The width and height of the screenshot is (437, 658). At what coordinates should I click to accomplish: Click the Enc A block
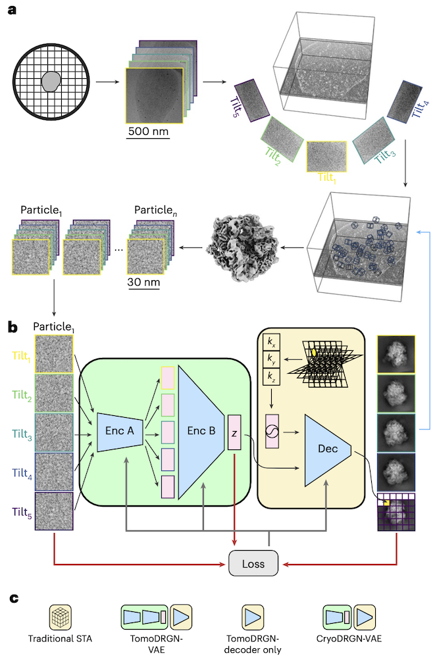click(120, 432)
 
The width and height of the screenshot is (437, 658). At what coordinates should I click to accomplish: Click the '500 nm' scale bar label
click(147, 131)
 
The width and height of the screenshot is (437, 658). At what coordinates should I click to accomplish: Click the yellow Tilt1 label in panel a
click(327, 178)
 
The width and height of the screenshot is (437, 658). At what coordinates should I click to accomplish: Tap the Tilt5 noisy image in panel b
click(54, 511)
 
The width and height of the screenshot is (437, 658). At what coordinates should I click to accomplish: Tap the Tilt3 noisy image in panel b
click(54, 432)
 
